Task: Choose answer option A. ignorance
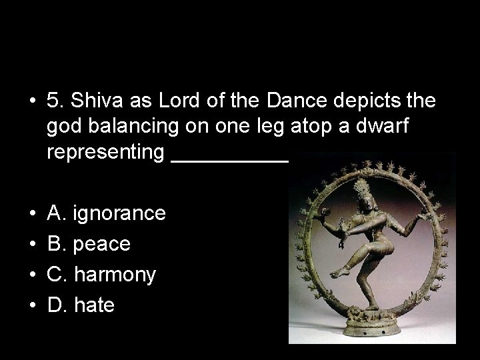107,213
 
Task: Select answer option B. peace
89,244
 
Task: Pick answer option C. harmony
102,275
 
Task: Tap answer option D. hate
81,305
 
